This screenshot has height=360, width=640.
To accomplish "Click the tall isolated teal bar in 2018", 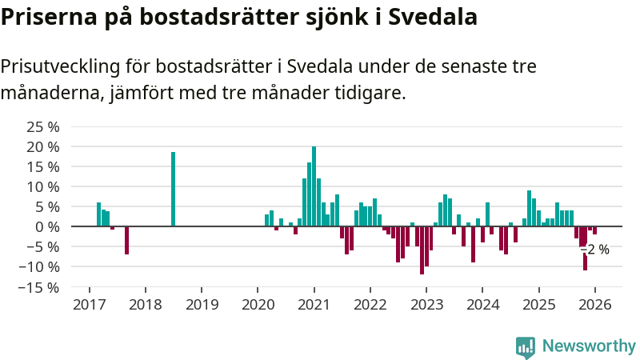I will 173,189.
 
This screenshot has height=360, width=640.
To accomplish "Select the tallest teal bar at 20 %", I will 314,186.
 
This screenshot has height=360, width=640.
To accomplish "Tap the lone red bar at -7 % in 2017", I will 126,240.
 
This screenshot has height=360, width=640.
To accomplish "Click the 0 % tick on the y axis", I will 47,226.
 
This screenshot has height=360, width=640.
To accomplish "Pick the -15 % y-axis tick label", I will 40,286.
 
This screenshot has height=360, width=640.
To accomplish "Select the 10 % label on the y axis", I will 43,186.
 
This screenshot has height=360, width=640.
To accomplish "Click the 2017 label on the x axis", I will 88,305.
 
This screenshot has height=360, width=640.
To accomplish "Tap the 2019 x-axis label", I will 201,305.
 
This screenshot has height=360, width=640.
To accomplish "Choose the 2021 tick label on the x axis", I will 314,305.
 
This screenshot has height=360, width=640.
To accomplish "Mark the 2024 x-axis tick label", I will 482,305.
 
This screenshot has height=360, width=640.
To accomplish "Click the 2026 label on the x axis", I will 595,305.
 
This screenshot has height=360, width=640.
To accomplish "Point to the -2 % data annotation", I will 596,250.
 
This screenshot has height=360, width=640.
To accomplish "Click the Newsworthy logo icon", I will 526,346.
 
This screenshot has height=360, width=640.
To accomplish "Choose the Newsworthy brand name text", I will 589,346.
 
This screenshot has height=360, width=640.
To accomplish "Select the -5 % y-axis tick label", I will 43,246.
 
